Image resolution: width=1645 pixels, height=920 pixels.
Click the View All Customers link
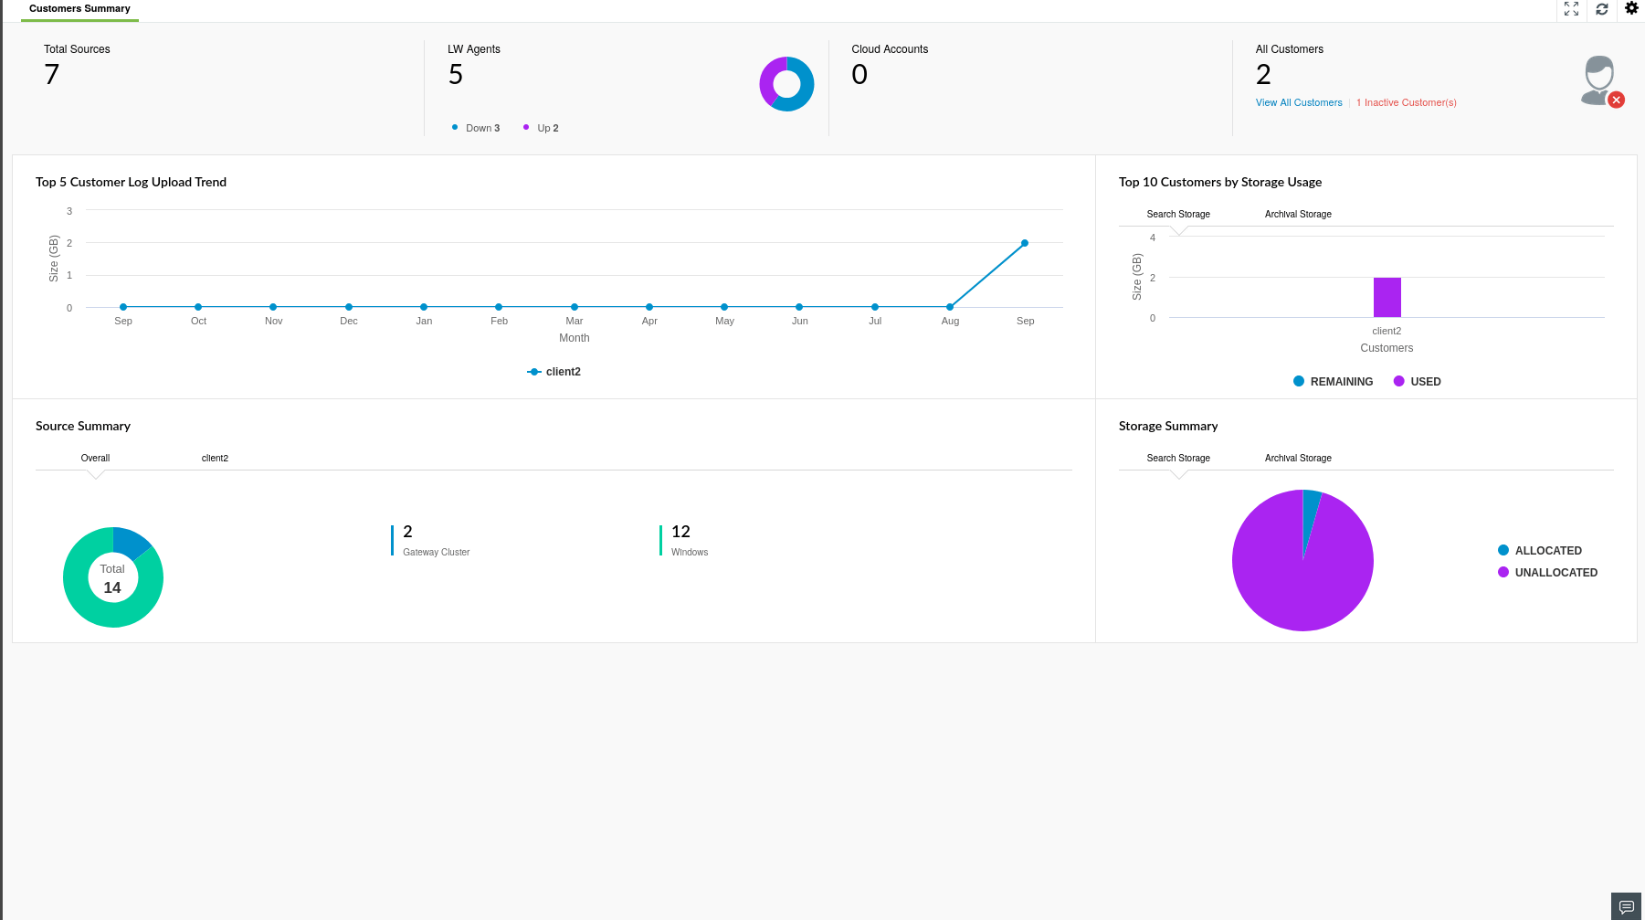(x=1298, y=102)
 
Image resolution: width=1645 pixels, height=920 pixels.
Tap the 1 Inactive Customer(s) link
(x=1406, y=102)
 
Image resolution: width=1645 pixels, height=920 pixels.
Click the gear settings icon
(x=1631, y=9)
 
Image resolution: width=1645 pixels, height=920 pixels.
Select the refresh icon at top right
(x=1602, y=9)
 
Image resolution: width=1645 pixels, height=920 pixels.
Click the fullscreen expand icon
(x=1571, y=9)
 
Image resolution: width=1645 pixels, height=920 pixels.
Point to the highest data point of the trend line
(x=1025, y=243)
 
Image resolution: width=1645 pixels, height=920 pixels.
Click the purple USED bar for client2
(x=1387, y=297)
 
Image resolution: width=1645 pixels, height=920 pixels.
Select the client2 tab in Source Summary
(x=215, y=458)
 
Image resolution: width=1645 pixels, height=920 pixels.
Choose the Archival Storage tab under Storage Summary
(x=1298, y=458)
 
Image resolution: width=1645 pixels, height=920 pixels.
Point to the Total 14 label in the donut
(x=112, y=578)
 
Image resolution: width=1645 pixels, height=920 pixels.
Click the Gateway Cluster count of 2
(x=407, y=532)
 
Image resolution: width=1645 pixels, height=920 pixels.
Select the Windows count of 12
(x=680, y=532)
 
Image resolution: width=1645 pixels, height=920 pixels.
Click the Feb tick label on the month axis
(x=499, y=321)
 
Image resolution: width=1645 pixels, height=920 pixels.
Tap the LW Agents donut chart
(x=786, y=84)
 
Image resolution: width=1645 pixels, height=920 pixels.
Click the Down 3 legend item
(x=481, y=128)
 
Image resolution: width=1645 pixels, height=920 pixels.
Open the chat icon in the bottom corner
(x=1626, y=906)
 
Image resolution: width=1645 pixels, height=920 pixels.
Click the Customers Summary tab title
(x=79, y=9)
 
